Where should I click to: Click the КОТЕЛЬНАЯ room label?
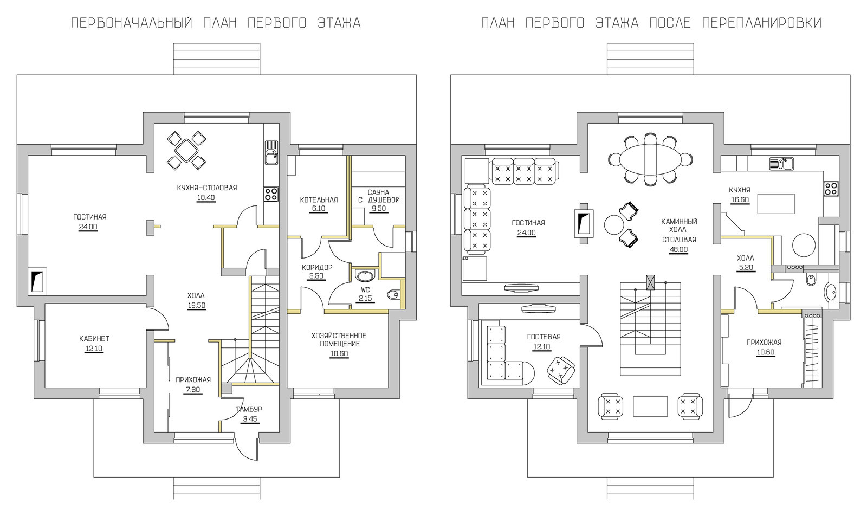pos(319,200)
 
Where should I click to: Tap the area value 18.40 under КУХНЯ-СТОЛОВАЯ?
pos(206,198)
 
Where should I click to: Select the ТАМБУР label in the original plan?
pos(249,409)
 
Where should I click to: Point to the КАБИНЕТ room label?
pos(94,338)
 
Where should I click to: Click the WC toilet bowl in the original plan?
pos(393,294)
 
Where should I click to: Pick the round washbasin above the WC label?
pos(365,276)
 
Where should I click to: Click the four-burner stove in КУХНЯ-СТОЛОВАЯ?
pos(271,194)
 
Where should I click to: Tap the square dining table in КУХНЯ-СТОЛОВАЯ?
pos(186,150)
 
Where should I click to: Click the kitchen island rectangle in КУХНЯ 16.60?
pos(775,204)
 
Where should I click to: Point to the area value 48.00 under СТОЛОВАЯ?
pos(678,250)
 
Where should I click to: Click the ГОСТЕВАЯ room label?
pos(544,337)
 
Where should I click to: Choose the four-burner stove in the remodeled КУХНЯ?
pos(831,188)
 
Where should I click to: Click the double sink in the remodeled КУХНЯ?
pos(781,163)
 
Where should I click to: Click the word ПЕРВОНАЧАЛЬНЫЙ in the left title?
pos(132,23)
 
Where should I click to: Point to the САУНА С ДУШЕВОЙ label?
pos(379,196)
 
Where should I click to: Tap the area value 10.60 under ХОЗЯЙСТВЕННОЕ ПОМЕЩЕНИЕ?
pos(339,354)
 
